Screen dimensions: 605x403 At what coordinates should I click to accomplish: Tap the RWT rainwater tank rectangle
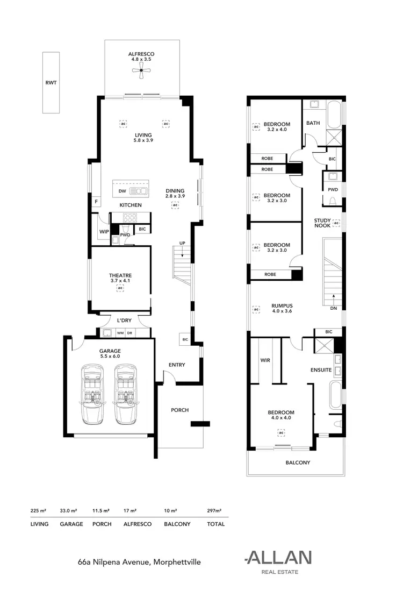coord(51,82)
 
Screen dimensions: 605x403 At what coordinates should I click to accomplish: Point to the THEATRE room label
coord(120,275)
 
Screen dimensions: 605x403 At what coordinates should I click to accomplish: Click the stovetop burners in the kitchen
coord(131,218)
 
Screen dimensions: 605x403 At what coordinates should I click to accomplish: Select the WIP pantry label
coord(104,232)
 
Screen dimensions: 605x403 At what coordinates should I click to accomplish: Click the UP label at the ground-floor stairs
coord(182,243)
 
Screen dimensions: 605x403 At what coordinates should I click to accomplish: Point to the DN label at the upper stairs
coord(334,309)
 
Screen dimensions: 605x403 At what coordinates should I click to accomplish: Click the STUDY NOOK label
coord(322,223)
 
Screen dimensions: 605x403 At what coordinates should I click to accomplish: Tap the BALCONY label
coord(297,462)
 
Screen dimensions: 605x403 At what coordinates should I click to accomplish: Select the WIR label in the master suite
coord(264,360)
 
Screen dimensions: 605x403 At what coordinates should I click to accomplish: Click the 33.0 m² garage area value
coord(71,511)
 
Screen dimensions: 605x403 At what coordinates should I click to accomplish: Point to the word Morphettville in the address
coord(177,562)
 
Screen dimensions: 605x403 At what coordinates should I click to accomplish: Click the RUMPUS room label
coord(282,305)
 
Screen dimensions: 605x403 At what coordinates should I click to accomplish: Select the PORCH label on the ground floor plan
coord(179,410)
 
